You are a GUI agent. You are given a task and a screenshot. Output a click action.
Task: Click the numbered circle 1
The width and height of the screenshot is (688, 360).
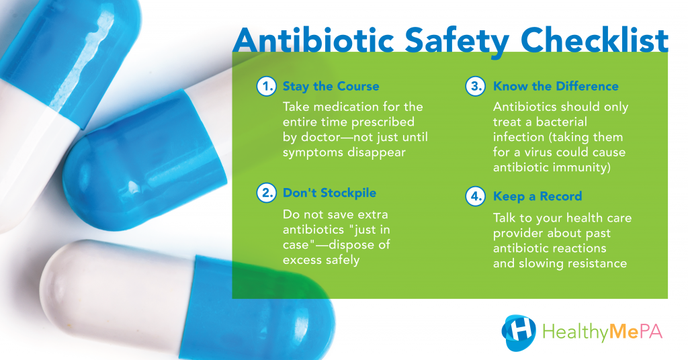(267, 87)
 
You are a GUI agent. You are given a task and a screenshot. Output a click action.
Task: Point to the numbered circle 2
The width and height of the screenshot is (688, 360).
(267, 193)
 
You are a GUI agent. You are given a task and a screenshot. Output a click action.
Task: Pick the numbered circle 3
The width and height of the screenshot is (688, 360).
(476, 87)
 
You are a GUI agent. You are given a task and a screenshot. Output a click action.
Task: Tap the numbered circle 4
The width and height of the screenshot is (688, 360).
(476, 197)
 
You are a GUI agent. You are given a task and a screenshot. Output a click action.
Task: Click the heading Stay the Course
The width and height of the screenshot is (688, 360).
(331, 87)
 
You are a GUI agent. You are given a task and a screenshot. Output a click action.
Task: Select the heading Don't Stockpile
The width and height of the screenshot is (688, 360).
(329, 193)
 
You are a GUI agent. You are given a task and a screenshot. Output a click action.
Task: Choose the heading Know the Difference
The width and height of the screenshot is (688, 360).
(556, 87)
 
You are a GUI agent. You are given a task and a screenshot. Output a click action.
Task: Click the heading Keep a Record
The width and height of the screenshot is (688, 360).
(537, 197)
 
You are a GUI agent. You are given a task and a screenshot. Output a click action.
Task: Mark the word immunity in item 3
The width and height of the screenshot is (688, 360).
(582, 168)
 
